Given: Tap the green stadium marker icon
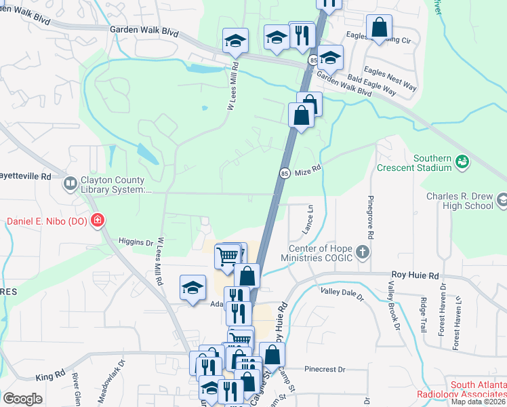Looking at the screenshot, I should click(x=462, y=161).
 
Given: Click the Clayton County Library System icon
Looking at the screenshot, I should click(x=70, y=184).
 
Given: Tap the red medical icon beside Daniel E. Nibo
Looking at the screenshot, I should click(x=98, y=220).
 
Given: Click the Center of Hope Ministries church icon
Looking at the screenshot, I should click(x=363, y=253).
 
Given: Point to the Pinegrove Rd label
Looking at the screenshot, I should click(x=371, y=216).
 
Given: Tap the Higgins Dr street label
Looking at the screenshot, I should click(x=136, y=241).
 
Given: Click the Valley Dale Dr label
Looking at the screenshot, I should click(x=342, y=293).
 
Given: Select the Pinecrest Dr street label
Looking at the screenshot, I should click(x=325, y=370).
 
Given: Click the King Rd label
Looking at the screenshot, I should click(x=49, y=374).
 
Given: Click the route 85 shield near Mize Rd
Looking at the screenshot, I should click(x=285, y=174).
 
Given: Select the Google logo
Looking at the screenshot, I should click(x=22, y=398).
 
